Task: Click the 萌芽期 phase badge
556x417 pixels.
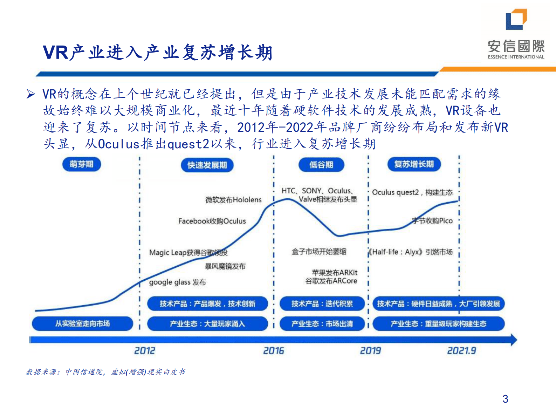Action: [81, 164]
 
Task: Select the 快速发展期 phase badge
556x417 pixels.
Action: [207, 165]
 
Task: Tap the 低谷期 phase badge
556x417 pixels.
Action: [321, 165]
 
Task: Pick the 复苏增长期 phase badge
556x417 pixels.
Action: [414, 164]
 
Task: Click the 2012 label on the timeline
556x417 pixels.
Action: [145, 350]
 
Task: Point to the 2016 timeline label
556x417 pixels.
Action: [274, 350]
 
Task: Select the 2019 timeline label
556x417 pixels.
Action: [370, 350]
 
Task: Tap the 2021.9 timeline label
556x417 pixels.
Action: [461, 350]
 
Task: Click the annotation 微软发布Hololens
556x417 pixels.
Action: [233, 200]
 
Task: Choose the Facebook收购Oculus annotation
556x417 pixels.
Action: [212, 221]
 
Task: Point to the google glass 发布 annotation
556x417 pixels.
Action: [177, 282]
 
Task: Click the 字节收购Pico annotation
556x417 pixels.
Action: [432, 221]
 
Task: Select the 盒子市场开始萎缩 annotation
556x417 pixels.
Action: [319, 251]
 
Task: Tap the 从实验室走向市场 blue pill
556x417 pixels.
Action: [82, 324]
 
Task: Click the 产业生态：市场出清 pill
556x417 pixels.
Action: [322, 324]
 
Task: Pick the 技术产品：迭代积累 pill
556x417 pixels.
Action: [322, 304]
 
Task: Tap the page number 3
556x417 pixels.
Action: [505, 399]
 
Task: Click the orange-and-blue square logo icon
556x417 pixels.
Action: [516, 19]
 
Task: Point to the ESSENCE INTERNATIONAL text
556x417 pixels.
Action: [516, 57]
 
